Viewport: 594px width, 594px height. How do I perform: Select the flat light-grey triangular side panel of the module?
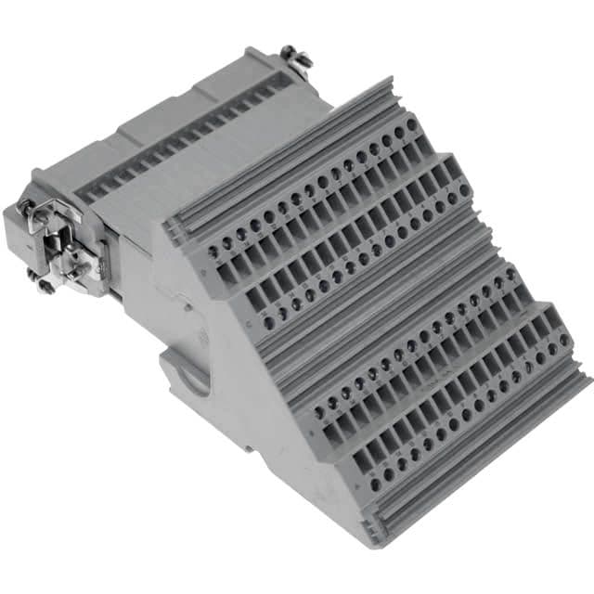[x=251, y=371]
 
